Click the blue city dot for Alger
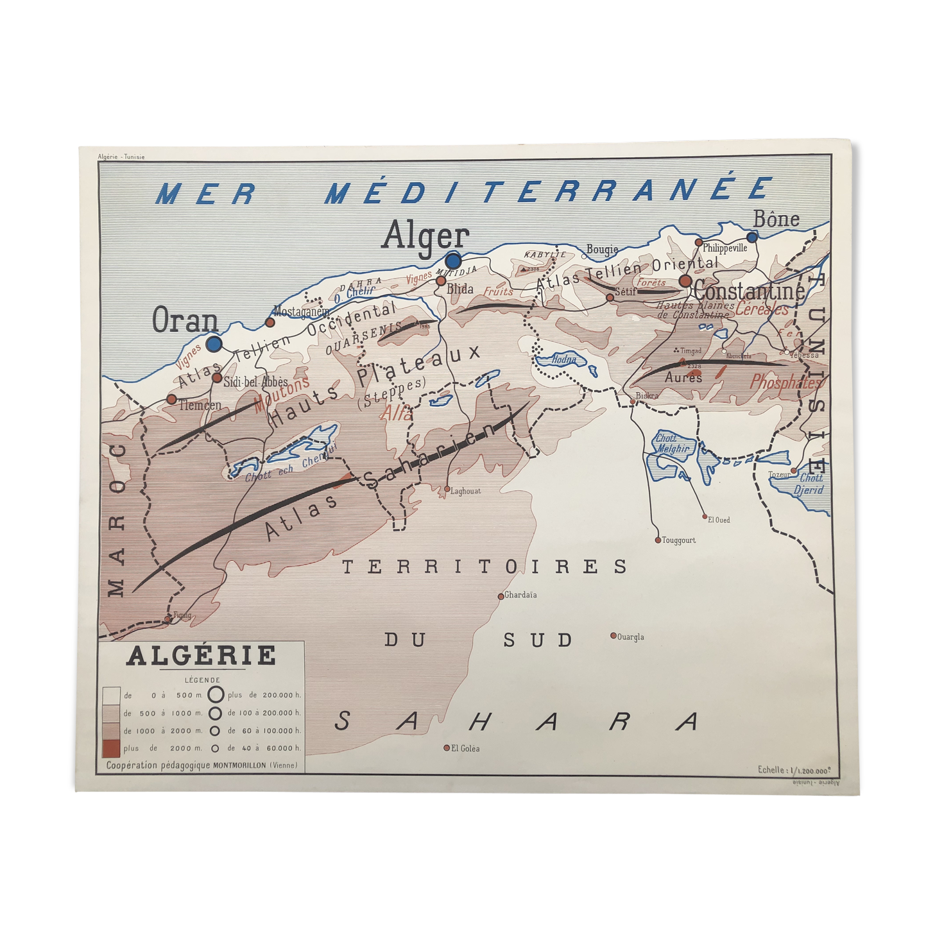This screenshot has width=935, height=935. (x=453, y=261)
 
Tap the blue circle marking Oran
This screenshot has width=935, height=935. (x=214, y=343)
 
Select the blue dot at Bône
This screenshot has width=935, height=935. (x=752, y=237)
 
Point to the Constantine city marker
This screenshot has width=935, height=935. (x=685, y=281)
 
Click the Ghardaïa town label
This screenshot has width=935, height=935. (x=520, y=595)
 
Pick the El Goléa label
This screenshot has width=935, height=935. (x=465, y=748)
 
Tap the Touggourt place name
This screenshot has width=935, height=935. (x=679, y=540)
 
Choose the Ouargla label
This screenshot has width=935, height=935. (x=630, y=637)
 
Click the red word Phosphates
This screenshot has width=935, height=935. (x=785, y=383)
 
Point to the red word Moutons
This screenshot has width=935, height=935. (x=282, y=393)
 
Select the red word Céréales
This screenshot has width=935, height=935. (x=762, y=309)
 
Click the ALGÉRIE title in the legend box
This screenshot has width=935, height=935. (x=202, y=656)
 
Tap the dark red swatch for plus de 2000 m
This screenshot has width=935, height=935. (x=112, y=748)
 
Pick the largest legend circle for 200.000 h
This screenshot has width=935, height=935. (x=216, y=694)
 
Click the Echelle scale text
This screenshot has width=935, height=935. (x=798, y=769)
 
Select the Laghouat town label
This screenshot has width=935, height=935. (x=465, y=491)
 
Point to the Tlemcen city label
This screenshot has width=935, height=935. (x=200, y=405)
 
